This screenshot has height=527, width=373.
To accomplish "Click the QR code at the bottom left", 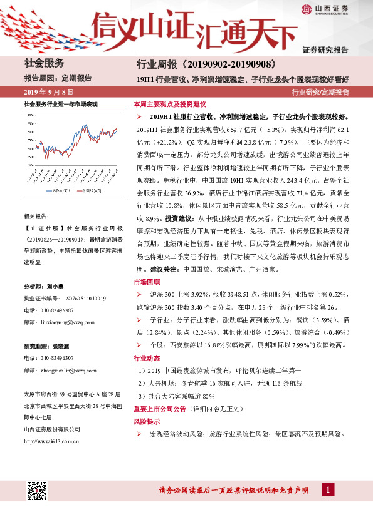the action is tap(38, 492).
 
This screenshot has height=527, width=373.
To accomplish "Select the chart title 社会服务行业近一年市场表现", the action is tap(60, 103).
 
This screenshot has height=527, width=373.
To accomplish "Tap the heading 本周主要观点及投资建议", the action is tap(170, 105).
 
